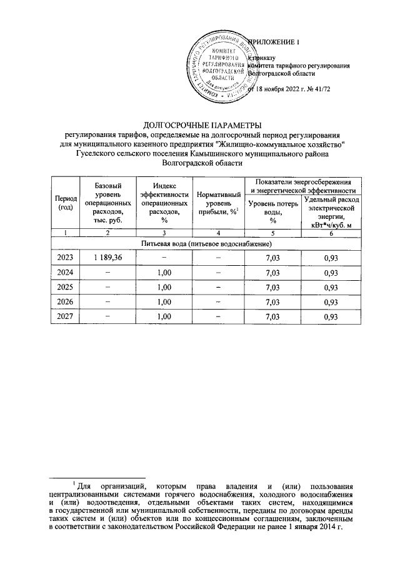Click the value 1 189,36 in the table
pyautogui.click(x=107, y=257)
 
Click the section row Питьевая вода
pyautogui.click(x=206, y=243)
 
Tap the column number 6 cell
pyautogui.click(x=331, y=233)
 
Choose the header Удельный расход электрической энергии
pyautogui.click(x=331, y=211)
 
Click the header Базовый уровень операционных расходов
pyautogui.click(x=107, y=203)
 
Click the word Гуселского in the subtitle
pyautogui.click(x=96, y=153)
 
